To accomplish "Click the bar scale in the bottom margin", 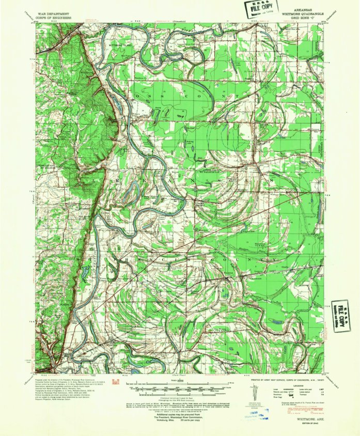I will tap(180, 386).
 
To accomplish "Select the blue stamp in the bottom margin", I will tap(259, 413).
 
